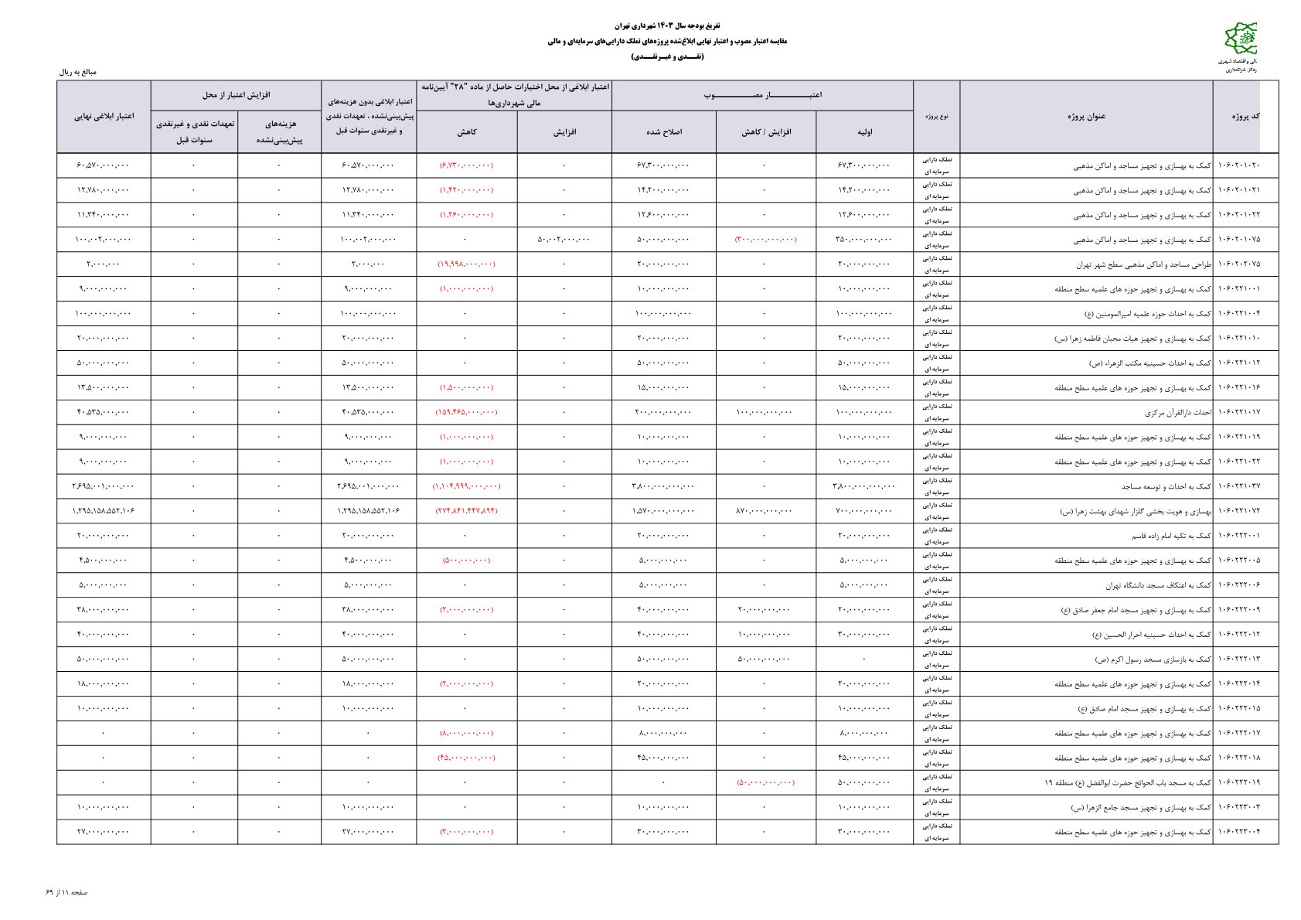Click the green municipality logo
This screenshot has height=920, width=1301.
[x=1241, y=40]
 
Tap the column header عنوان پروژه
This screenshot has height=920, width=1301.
[x=1086, y=117]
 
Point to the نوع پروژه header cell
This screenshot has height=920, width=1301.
[x=936, y=117]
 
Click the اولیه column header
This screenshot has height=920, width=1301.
[x=864, y=132]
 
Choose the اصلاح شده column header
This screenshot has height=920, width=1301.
[x=663, y=132]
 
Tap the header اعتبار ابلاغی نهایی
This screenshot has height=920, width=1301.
[x=104, y=117]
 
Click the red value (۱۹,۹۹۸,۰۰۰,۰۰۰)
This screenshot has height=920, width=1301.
[x=466, y=264]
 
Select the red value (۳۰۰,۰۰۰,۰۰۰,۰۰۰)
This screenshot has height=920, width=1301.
[x=765, y=240]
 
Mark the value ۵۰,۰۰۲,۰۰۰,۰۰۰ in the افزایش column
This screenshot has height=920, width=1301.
[x=564, y=240]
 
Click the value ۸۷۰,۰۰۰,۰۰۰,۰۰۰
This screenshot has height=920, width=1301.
[x=765, y=511]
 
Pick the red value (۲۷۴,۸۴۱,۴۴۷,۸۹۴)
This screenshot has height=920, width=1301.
[x=466, y=511]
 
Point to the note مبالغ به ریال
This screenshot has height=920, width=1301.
[x=78, y=72]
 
